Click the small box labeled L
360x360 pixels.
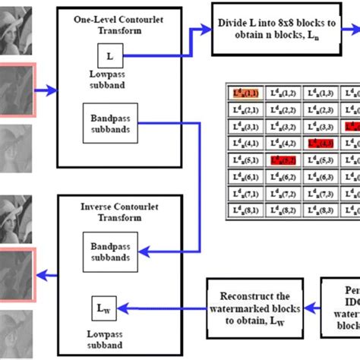[109, 55]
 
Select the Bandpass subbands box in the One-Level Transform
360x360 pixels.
[108, 123]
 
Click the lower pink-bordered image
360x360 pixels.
[16, 274]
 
